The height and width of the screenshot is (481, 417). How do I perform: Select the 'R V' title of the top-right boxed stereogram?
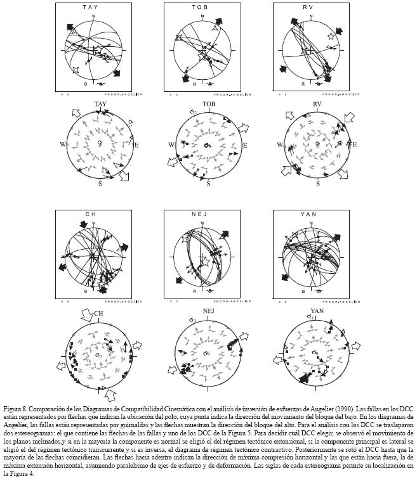312,7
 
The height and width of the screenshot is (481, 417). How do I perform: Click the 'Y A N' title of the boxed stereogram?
312,215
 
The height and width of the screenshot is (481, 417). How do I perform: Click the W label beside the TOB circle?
171,145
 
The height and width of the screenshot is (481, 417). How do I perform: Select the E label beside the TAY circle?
136,144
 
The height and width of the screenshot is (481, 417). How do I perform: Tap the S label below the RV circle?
318,183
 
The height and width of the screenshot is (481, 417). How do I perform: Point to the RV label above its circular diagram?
319,104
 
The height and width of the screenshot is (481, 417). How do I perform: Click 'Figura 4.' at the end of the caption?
18,473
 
